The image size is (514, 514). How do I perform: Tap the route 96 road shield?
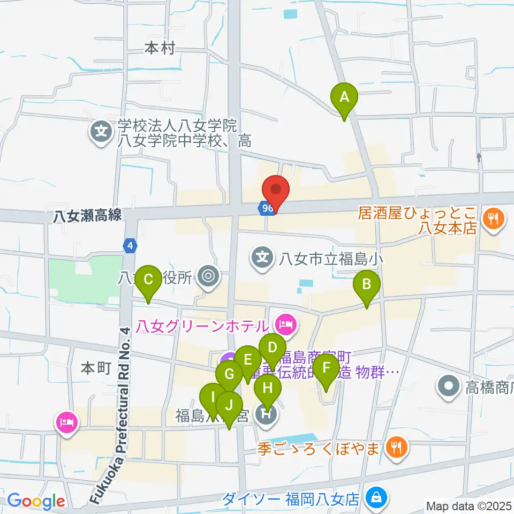pos(268,207)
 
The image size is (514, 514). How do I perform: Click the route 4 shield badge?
pos(130,246)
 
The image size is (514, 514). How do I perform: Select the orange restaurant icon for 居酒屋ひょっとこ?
pos(491,218)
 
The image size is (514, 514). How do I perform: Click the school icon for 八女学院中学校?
pos(100,130)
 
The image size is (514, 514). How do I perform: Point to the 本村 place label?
pos(160,49)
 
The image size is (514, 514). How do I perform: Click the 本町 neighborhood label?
pos(95,368)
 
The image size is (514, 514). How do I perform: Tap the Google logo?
pos(36,501)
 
